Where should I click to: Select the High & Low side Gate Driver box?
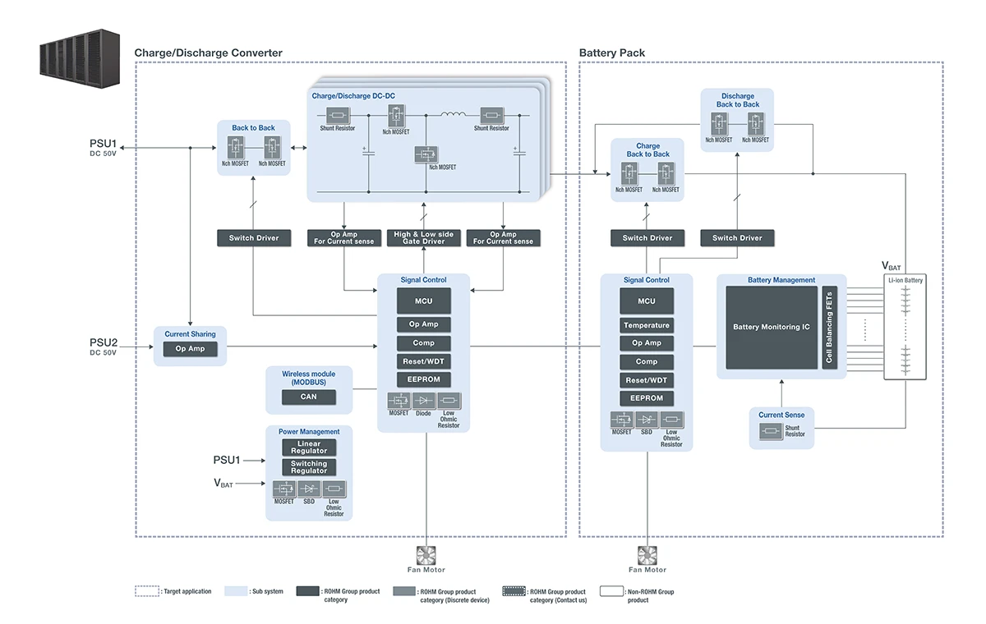424,237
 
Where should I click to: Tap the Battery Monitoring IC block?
772,327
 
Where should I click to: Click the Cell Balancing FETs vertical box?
829,328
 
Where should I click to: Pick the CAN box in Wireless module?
308,397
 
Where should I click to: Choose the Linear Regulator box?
309,447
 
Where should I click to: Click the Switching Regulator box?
309,467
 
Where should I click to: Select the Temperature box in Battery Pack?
647,325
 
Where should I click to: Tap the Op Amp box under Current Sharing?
190,349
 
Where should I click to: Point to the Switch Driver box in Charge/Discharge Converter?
254,238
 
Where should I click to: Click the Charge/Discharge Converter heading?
208,53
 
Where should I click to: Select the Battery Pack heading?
612,53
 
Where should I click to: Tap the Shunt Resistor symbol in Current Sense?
770,429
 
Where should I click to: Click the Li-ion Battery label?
905,280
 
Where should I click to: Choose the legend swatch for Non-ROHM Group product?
611,591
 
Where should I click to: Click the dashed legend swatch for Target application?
147,591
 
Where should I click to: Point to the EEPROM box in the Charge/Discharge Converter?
424,379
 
